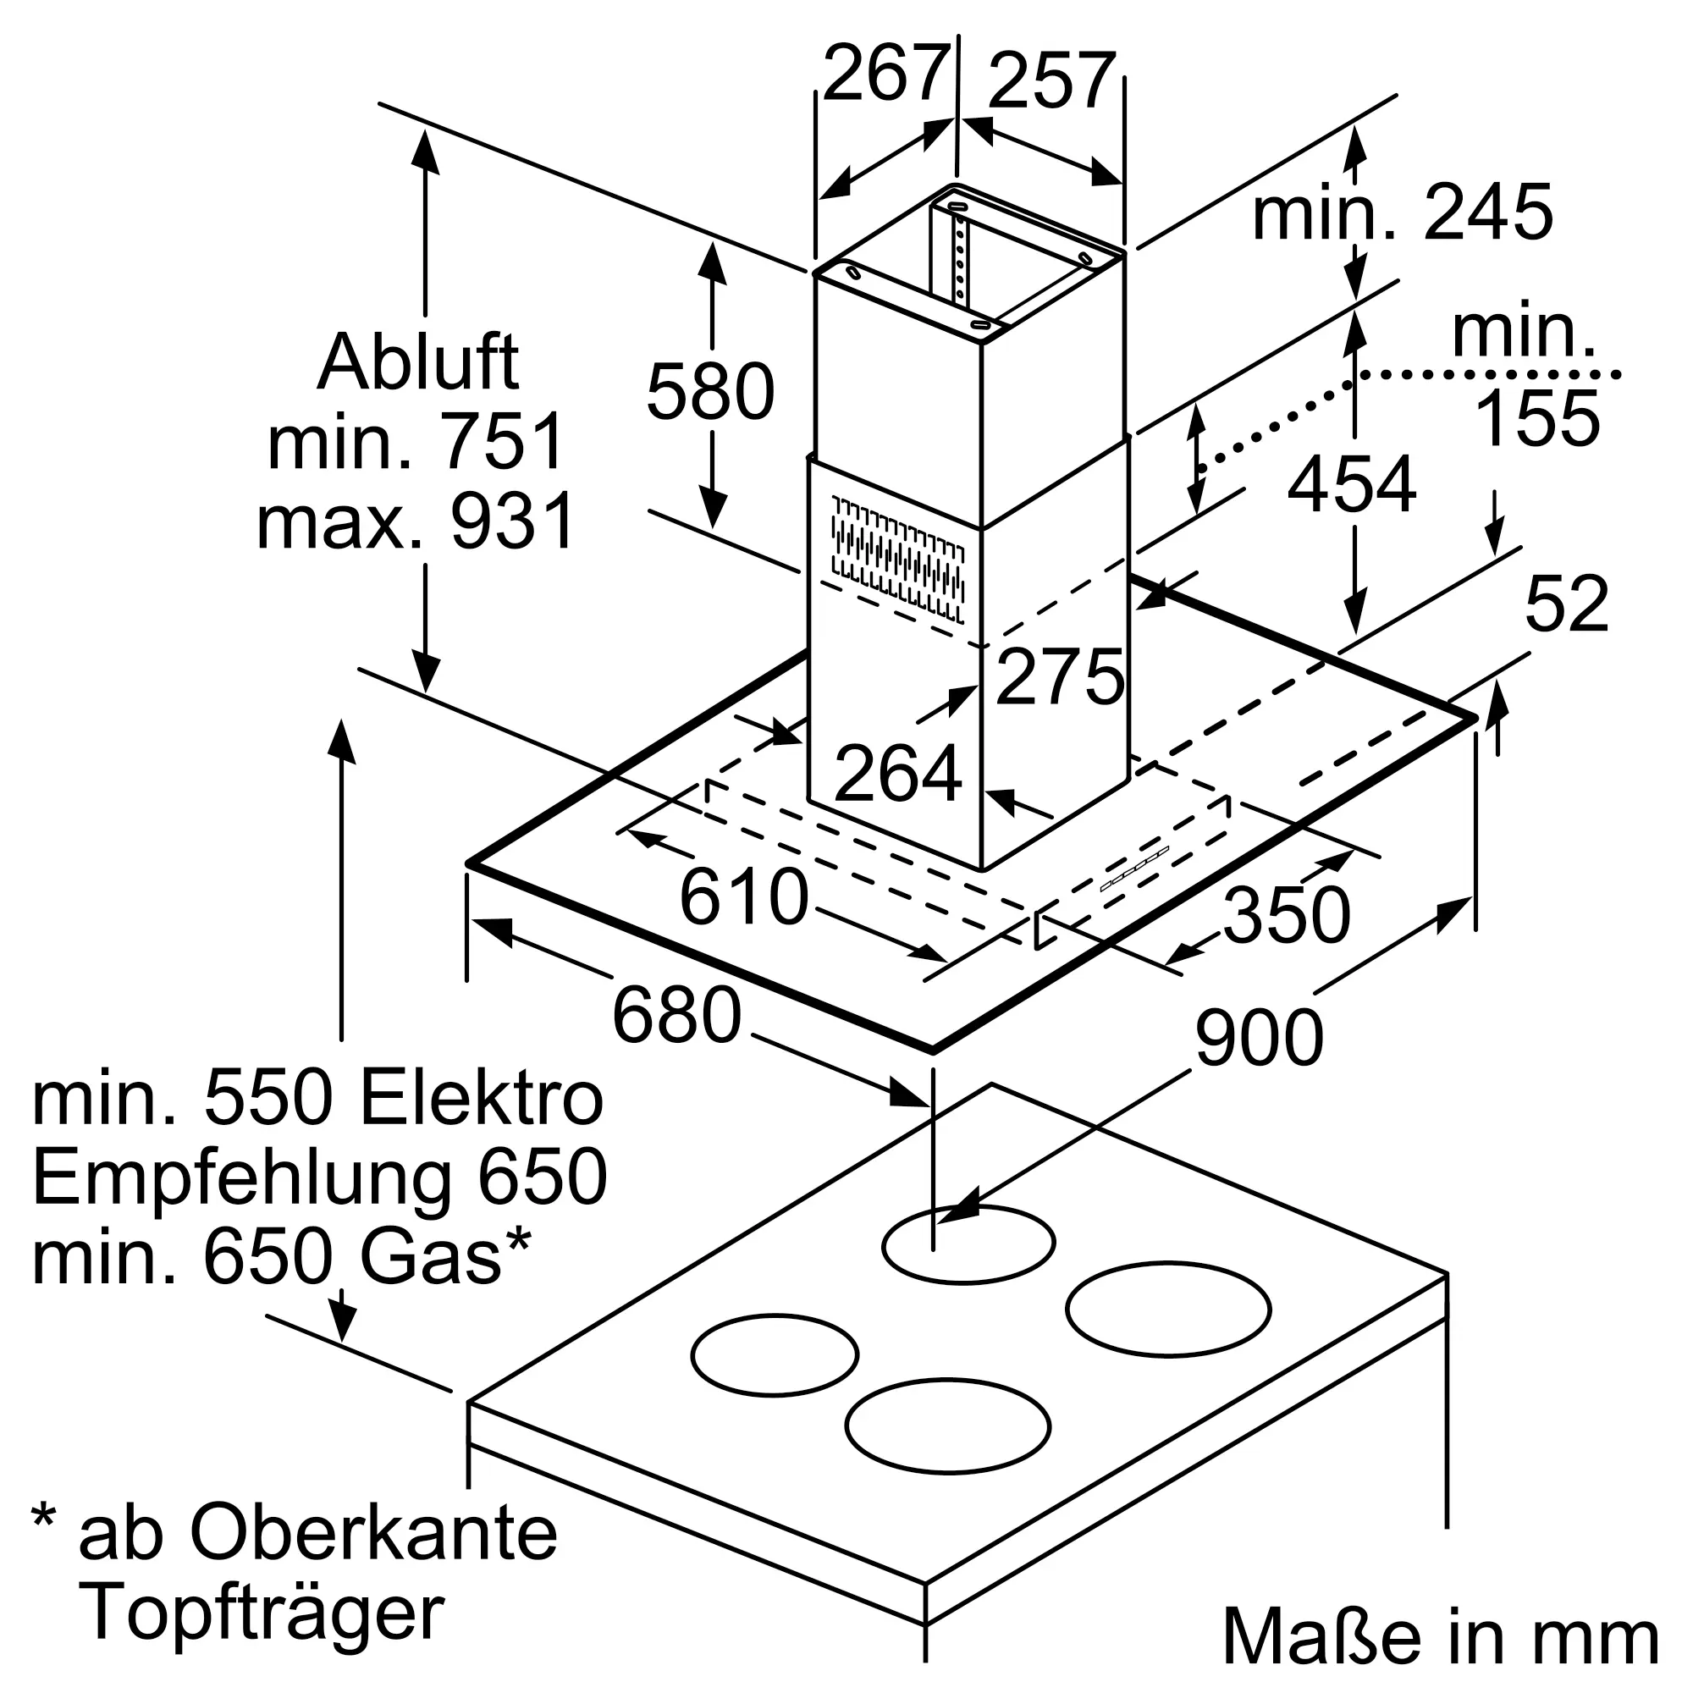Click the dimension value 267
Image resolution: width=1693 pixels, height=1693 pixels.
coord(886,74)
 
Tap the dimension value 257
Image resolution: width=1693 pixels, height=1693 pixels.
coord(1051,82)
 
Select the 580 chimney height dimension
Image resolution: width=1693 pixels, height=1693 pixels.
coord(710,391)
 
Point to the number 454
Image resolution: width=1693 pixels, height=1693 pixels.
coord(1351,483)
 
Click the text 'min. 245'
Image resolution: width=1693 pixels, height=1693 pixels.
coord(1402,212)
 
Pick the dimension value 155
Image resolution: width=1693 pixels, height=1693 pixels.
coord(1538,419)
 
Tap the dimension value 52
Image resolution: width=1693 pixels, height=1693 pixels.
coord(1567,604)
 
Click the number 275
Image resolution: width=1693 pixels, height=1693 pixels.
coord(1060,676)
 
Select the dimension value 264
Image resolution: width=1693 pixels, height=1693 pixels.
coord(898,774)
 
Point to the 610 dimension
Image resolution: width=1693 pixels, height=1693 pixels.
coord(744,896)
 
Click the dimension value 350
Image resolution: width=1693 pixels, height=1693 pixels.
coord(1287,915)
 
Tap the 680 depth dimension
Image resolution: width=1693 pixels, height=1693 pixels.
coord(676,1016)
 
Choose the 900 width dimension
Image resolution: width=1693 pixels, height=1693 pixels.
coord(1259,1038)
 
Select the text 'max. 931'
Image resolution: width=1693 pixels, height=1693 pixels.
coord(416,521)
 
